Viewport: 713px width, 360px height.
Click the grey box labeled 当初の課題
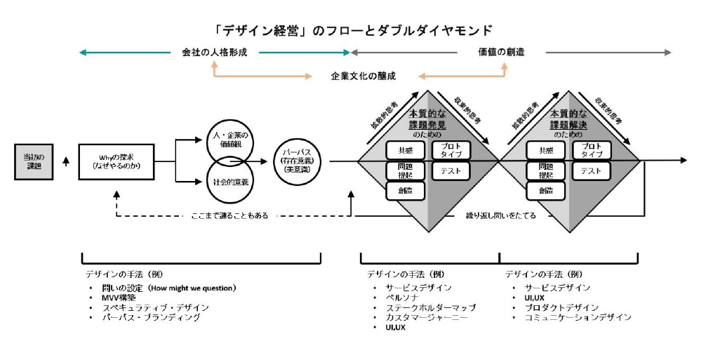pos(33,161)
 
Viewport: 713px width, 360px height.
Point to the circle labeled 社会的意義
pos(230,181)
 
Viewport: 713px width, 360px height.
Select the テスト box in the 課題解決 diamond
pos(591,170)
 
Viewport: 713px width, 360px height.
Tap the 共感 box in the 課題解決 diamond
pos(545,150)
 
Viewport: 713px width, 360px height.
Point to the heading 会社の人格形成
pos(214,53)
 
